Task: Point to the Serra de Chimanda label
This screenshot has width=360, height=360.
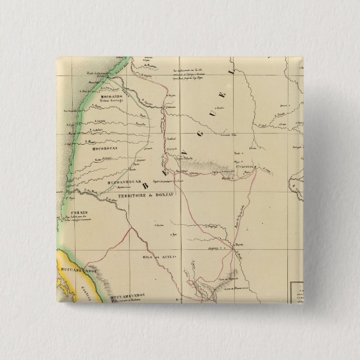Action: pyautogui.click(x=214, y=278)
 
